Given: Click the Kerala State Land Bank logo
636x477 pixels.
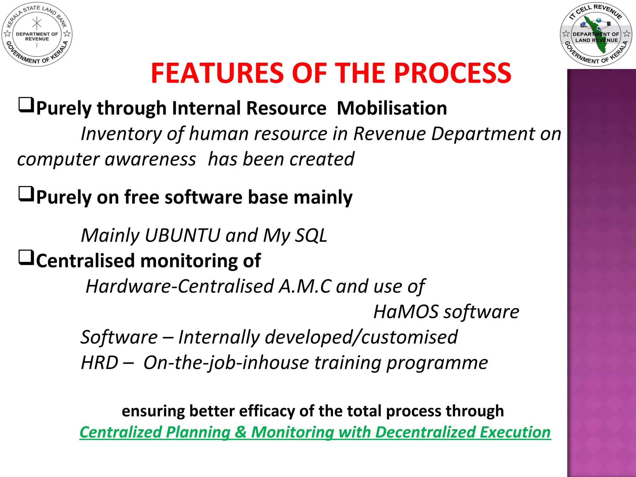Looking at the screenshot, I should pos(37,34).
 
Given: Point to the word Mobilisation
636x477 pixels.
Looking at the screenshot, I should pos(392,108).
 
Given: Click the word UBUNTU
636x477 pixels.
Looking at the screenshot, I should pos(182,235).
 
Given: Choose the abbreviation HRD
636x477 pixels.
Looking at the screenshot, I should pos(99,362).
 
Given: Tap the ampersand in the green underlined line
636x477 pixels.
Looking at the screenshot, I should pos(241,432).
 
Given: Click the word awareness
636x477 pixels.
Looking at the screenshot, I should pos(150,159).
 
